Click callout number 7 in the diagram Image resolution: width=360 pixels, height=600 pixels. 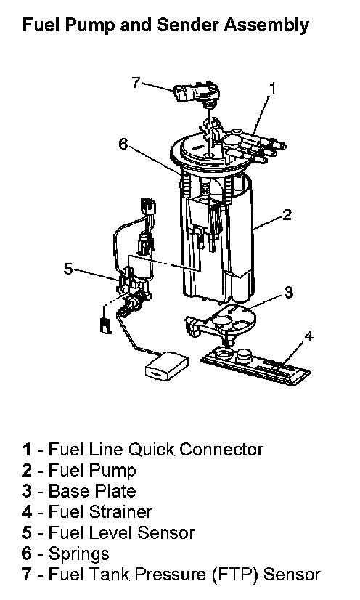(136, 82)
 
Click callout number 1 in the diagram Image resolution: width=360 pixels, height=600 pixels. (272, 88)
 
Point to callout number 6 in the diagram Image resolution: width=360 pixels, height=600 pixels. (123, 145)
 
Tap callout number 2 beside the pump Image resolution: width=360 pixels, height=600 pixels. (287, 214)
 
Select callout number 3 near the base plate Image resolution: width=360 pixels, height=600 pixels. (289, 292)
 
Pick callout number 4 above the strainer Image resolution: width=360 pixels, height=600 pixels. (308, 336)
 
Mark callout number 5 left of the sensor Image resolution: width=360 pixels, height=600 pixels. (68, 269)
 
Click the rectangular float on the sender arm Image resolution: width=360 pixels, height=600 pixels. (167, 366)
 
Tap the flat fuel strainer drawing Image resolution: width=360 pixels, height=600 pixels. (255, 366)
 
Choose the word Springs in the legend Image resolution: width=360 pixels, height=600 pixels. (78, 554)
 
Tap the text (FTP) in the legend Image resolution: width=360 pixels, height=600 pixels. (236, 575)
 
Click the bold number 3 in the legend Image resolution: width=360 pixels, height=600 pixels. (27, 491)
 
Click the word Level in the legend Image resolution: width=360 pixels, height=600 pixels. (111, 533)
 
